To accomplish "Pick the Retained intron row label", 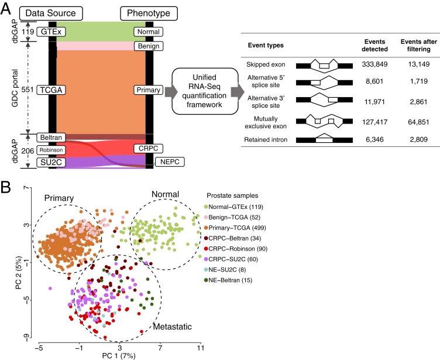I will pyautogui.click(x=265, y=140).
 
